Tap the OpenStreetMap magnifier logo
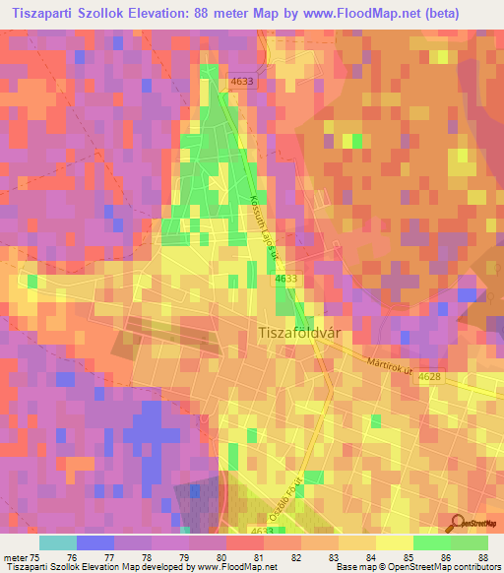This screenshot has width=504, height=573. coord(459,522)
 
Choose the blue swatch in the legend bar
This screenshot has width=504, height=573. coord(94,542)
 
